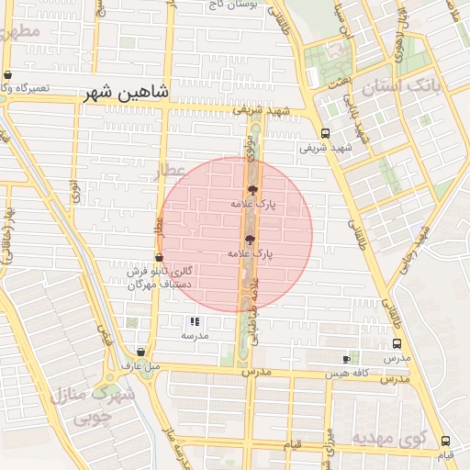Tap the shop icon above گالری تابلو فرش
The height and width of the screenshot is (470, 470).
[x=159, y=258]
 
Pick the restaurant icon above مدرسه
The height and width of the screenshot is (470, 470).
[x=195, y=322]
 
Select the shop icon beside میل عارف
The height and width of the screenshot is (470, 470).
[x=140, y=352]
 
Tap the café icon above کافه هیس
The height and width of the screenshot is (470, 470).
[x=345, y=359]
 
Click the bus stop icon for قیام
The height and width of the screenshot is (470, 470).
[x=444, y=441]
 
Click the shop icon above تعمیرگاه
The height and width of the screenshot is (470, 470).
[x=8, y=74]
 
